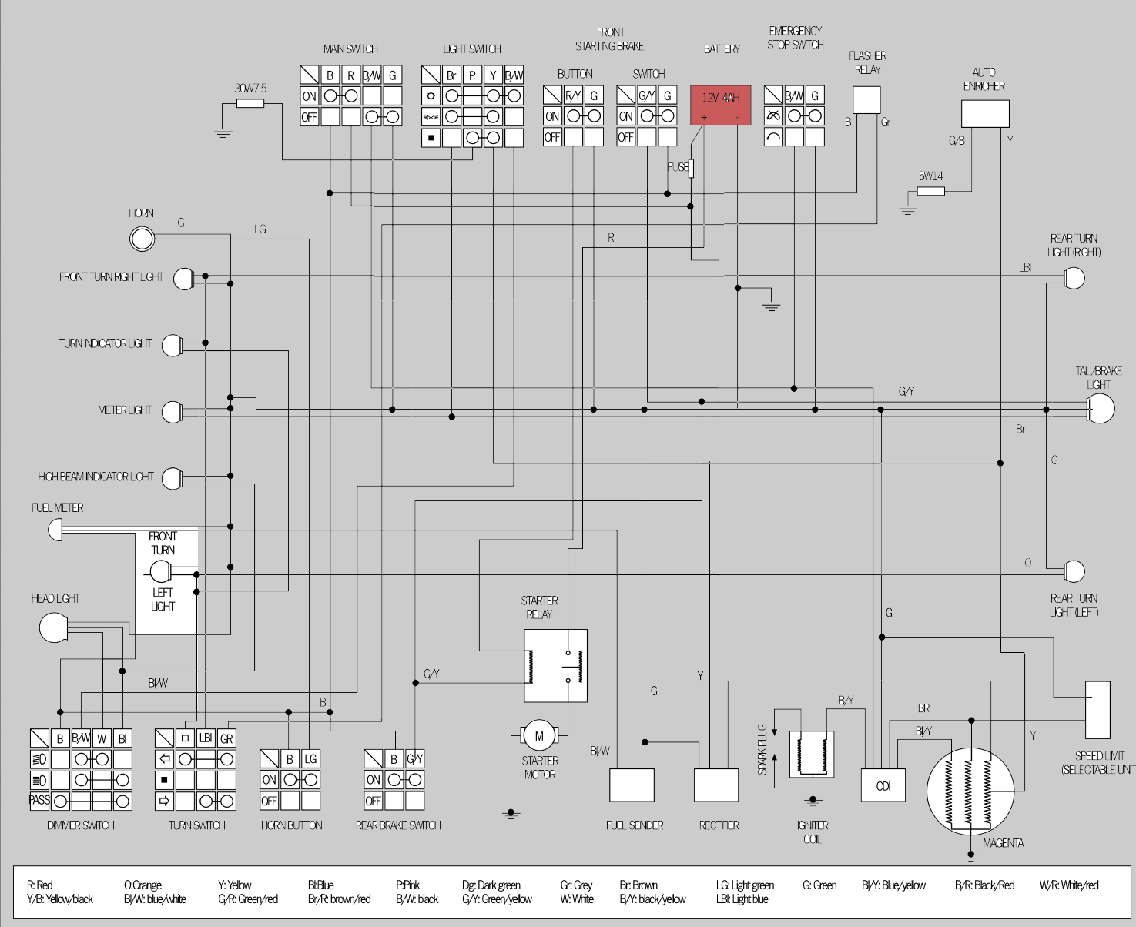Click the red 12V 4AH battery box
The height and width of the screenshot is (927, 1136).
coord(720,105)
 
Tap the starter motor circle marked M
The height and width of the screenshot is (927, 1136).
coord(539,736)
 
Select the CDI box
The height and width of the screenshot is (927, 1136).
coord(883,785)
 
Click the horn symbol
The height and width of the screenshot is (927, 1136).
coord(142,239)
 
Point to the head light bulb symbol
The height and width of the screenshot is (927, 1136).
coord(54,627)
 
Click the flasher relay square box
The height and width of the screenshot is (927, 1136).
coord(866,100)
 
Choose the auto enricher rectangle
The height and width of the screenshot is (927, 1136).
coord(985,114)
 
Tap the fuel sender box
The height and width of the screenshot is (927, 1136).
coord(632,785)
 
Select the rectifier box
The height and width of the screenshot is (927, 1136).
coord(716,785)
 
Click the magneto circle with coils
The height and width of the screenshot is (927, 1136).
coord(970,791)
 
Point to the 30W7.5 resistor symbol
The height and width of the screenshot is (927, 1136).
coord(250,102)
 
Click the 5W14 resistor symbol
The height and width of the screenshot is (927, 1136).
coord(930,191)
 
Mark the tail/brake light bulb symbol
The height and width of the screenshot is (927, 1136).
coord(1101,409)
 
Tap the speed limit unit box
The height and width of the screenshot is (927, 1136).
coord(1097,710)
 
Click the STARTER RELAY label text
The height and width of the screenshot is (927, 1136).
coord(539,607)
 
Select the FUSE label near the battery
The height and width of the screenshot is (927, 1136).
coord(677,167)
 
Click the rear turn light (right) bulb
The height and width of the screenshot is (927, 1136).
coord(1074,278)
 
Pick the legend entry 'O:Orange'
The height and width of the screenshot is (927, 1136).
coord(142,885)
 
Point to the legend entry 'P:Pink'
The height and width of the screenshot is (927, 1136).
coord(407,885)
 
